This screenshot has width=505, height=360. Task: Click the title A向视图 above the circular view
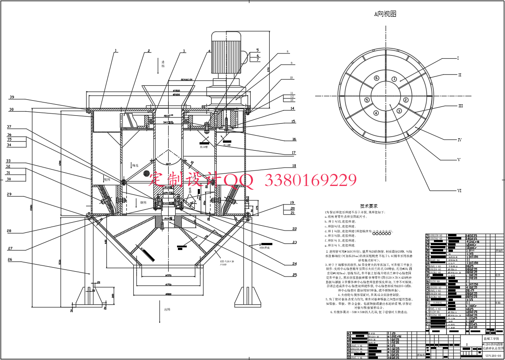pyautogui.click(x=385, y=14)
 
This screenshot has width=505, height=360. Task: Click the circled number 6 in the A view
pyautogui.click(x=377, y=78)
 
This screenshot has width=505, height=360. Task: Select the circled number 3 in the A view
pyautogui.click(x=399, y=111)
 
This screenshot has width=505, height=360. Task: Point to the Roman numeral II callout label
pyautogui.click(x=459, y=75)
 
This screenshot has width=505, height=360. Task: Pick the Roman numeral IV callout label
pyautogui.click(x=460, y=140)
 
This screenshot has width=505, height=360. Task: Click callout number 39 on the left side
pyautogui.click(x=12, y=97)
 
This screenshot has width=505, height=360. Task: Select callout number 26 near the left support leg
pyautogui.click(x=10, y=260)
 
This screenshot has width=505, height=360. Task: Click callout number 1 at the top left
pyautogui.click(x=116, y=51)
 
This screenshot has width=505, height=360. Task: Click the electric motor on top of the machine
pyautogui.click(x=226, y=53)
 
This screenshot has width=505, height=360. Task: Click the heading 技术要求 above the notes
pyautogui.click(x=368, y=206)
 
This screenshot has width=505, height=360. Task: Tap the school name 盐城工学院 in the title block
pyautogui.click(x=491, y=339)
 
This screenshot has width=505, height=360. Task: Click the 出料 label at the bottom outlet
pyautogui.click(x=167, y=310)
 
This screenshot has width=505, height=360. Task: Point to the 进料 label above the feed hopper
pyautogui.click(x=163, y=64)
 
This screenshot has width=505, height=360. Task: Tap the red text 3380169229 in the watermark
pyautogui.click(x=310, y=180)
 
